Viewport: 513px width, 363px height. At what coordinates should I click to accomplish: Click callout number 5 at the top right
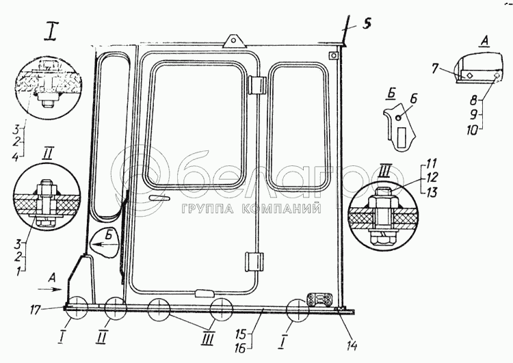pos(367,25)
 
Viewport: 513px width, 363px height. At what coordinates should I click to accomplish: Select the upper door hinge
pos(256,85)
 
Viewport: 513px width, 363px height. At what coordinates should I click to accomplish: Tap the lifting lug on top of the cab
pos(233,41)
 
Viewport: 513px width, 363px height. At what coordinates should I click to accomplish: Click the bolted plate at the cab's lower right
pos(320,299)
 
